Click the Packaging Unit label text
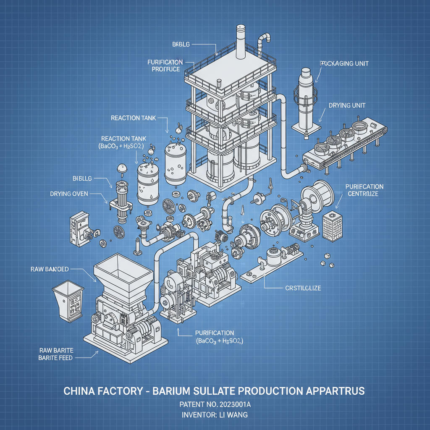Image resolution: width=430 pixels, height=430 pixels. pyautogui.click(x=344, y=63)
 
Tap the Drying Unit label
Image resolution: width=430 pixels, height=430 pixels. pyautogui.click(x=347, y=105)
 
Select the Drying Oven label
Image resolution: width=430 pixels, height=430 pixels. pyautogui.click(x=69, y=194)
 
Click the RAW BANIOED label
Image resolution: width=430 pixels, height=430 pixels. pyautogui.click(x=50, y=268)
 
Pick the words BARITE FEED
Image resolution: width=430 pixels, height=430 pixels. pyautogui.click(x=55, y=358)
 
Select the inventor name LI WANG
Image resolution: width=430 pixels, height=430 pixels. pyautogui.click(x=234, y=415)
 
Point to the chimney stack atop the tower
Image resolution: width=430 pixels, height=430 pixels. pyautogui.click(x=241, y=42)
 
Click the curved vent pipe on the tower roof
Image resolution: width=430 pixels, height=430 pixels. pyautogui.click(x=263, y=42)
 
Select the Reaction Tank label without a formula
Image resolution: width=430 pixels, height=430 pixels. pyautogui.click(x=131, y=118)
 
